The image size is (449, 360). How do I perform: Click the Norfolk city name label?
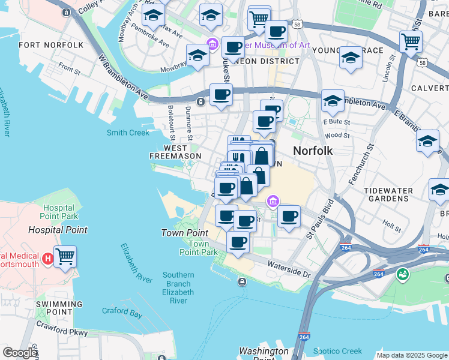pyautogui.click(x=312, y=151)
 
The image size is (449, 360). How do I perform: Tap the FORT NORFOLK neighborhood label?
pyautogui.click(x=51, y=45)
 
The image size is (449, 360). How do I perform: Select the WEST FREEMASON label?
pyautogui.click(x=175, y=152)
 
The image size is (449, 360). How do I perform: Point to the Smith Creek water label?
pyautogui.click(x=127, y=133)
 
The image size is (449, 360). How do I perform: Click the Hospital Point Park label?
pyautogui.click(x=59, y=211)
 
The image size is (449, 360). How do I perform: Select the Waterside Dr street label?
pyautogui.click(x=289, y=259)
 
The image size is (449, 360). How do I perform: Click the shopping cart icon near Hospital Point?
pyautogui.click(x=65, y=256)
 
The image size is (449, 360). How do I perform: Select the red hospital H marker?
pyautogui.click(x=49, y=259)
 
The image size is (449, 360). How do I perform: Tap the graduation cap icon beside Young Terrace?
pyautogui.click(x=351, y=58)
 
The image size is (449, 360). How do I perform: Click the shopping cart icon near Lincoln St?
pyautogui.click(x=411, y=41)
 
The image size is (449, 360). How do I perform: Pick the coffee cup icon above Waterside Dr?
pyautogui.click(x=238, y=242)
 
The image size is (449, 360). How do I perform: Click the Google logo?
pyautogui.click(x=20, y=353)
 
